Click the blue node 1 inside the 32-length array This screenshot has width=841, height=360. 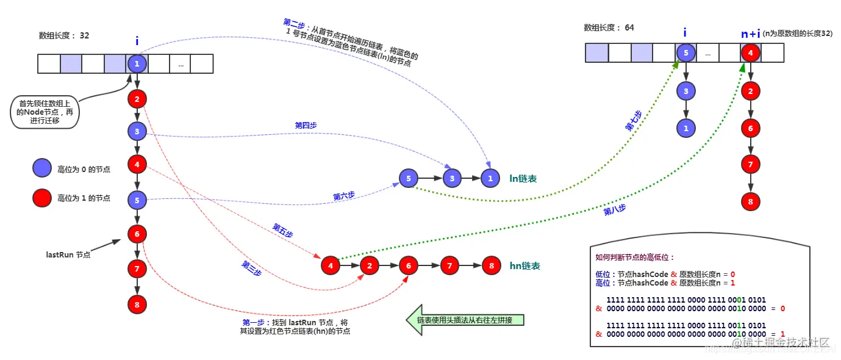[x=137, y=63]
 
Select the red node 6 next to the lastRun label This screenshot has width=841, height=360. [x=137, y=233]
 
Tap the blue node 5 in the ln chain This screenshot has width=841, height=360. [x=408, y=178]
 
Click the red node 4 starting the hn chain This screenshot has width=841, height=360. [x=330, y=265]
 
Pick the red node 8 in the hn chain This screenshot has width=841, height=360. [x=490, y=265]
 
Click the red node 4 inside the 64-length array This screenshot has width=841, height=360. [x=750, y=53]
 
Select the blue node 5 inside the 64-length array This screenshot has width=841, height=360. [x=685, y=53]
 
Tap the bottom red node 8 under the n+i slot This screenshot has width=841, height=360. [x=750, y=201]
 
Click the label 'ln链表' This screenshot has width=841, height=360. [x=523, y=179]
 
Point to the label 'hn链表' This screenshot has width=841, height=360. [x=524, y=266]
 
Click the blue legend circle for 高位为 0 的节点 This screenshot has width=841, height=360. [x=42, y=169]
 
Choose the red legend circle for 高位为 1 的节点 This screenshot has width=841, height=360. [x=42, y=198]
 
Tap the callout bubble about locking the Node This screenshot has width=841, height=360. [x=45, y=112]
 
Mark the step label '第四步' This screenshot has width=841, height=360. [x=306, y=125]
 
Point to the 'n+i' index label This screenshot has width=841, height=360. [x=750, y=34]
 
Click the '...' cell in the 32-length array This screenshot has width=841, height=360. [x=181, y=63]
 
